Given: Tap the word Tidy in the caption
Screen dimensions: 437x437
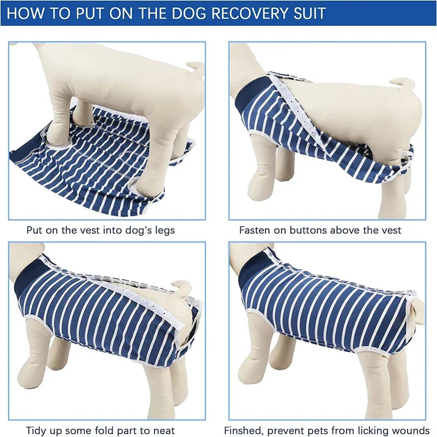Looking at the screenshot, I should point(37,430).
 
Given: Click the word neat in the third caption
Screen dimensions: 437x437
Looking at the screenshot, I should point(162,430).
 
